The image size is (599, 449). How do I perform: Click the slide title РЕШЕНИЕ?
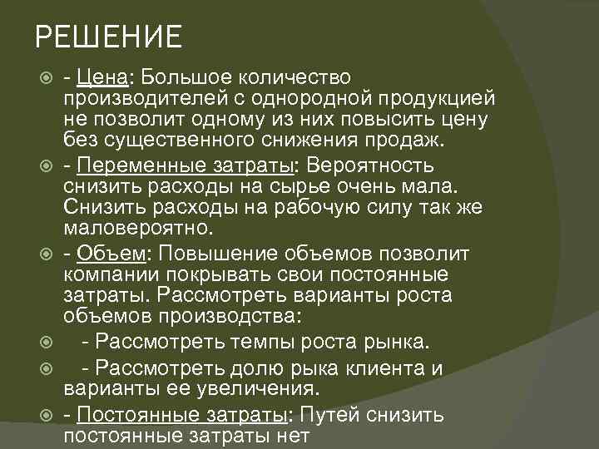(108, 38)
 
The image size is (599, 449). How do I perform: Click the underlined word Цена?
(101, 77)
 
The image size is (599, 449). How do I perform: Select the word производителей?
(137, 99)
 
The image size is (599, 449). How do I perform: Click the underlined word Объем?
(109, 252)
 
